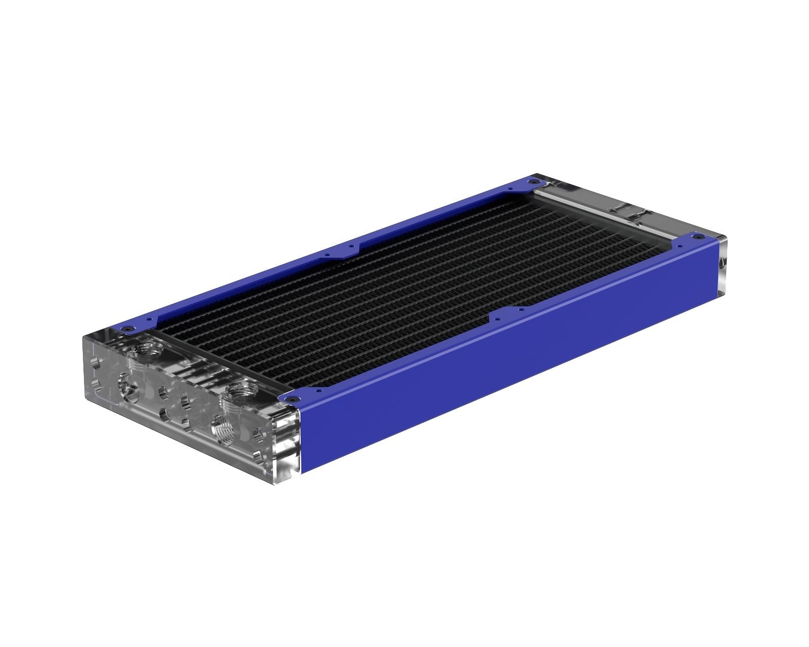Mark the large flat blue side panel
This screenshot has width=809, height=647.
506,364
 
